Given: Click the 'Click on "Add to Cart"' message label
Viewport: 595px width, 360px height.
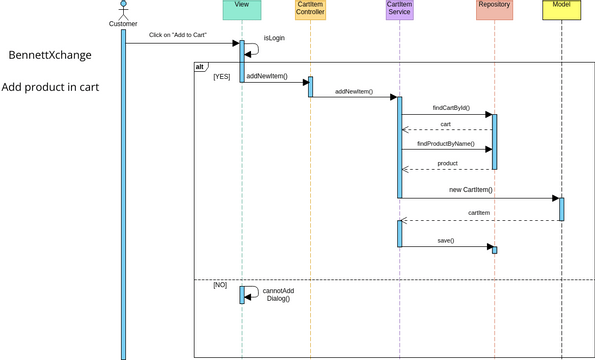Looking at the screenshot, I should click(x=178, y=35).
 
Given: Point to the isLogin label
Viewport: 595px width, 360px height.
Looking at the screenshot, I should click(x=275, y=38).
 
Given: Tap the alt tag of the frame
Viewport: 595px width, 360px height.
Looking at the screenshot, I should click(x=201, y=66).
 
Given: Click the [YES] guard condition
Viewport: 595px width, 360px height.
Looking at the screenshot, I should click(x=221, y=77).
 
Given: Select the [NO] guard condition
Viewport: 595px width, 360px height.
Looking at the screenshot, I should click(x=220, y=285).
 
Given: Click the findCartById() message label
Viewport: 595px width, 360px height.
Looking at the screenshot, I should click(x=450, y=107).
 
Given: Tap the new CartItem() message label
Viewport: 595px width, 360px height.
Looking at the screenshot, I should click(x=470, y=189).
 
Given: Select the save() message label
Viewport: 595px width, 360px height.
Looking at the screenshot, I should click(x=446, y=241).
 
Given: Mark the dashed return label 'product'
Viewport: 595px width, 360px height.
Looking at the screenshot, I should click(x=447, y=163).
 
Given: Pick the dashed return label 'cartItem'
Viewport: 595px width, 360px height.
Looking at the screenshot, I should click(x=478, y=213).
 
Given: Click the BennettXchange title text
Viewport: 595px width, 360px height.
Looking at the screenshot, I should click(x=51, y=55).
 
